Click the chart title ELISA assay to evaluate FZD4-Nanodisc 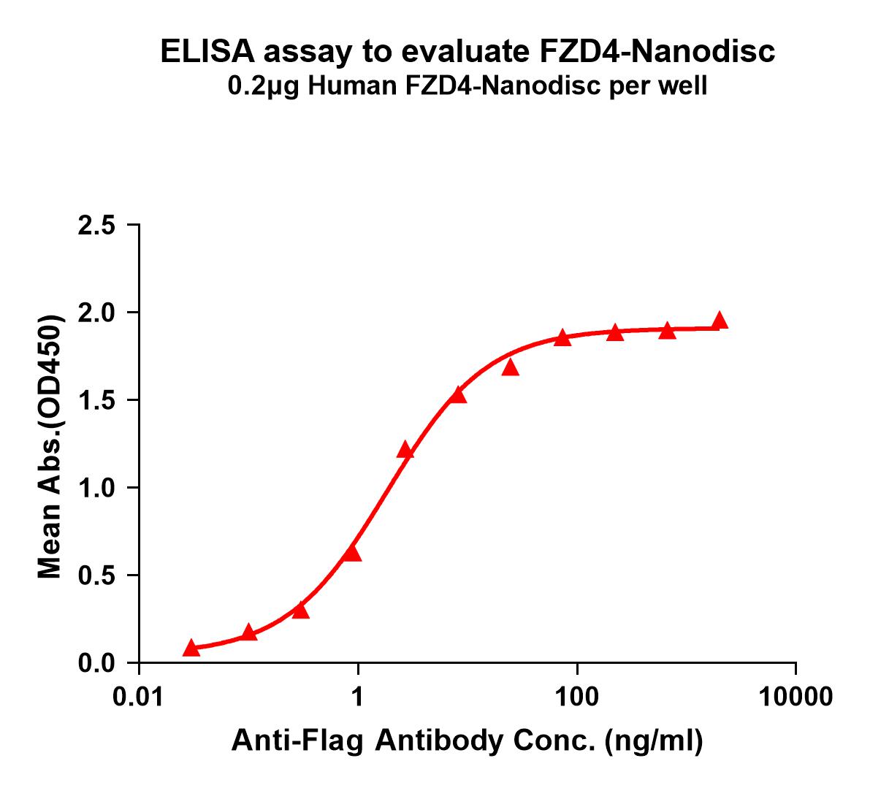point(468,52)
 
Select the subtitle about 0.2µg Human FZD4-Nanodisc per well point(468,87)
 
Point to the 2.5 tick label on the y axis point(96,225)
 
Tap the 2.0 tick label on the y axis point(96,313)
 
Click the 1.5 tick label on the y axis point(96,400)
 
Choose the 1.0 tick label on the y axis point(96,488)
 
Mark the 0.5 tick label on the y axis point(96,575)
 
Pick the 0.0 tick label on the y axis point(96,663)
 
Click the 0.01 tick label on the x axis point(138,697)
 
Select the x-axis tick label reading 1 point(358,697)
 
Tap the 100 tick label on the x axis point(577,697)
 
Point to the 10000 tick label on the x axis point(795,697)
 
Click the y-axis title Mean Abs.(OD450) point(50,447)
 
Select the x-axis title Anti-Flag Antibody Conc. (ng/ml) point(468,741)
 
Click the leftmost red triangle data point point(191,648)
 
